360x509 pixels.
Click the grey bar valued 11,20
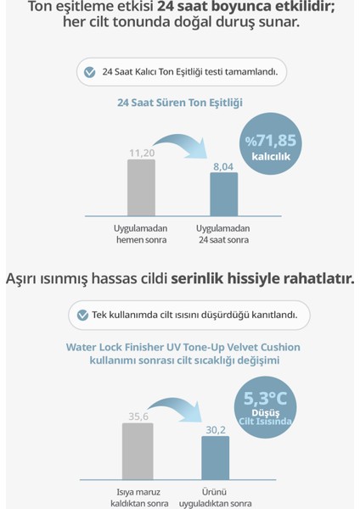(141, 187)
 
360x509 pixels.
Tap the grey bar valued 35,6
(138, 450)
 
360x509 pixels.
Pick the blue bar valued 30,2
(216, 458)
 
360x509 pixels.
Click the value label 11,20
(141, 153)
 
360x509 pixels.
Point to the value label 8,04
(223, 167)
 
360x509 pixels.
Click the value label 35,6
(138, 417)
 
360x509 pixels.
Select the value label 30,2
(216, 430)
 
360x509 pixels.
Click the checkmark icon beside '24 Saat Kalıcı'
(89, 72)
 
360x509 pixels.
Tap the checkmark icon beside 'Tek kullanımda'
(82, 315)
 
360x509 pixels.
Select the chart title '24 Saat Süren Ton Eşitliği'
(180, 103)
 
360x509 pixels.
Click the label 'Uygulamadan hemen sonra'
(141, 234)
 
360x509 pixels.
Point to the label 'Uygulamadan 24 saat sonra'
(223, 234)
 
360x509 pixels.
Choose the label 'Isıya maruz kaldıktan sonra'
(138, 496)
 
